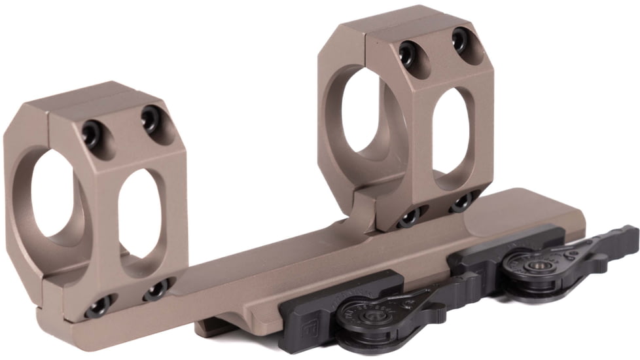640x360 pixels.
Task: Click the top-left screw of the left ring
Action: [x=90, y=134]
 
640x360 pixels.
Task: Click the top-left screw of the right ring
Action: [x=408, y=50]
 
